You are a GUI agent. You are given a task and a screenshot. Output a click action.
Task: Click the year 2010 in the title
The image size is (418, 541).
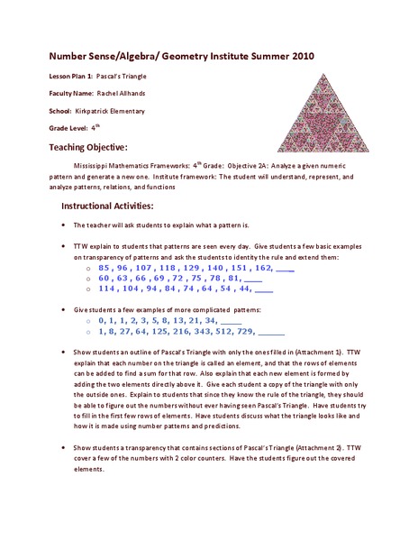tap(303, 55)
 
